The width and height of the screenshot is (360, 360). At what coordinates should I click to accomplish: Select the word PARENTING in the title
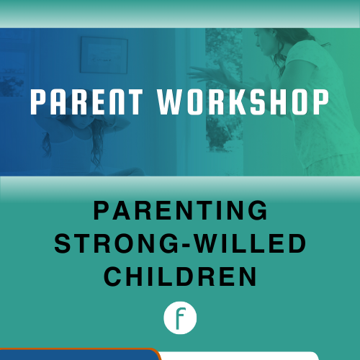click(180, 212)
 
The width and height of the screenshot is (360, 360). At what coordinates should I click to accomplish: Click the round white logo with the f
click(180, 318)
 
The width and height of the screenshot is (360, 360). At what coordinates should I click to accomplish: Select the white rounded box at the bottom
click(238, 356)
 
